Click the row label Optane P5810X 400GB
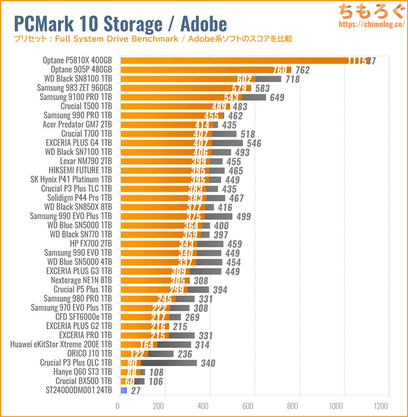tap(78, 60)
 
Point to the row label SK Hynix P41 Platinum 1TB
tap(71, 179)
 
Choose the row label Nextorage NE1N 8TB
tap(81, 280)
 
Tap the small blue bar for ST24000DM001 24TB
tap(123, 390)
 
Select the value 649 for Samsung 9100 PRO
tap(277, 97)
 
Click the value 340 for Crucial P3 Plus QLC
tap(208, 363)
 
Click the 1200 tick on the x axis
tap(380, 406)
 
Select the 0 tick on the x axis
tap(118, 406)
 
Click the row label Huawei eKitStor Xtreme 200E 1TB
tap(61, 345)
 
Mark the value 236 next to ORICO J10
tap(184, 354)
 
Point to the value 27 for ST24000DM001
tap(136, 391)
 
